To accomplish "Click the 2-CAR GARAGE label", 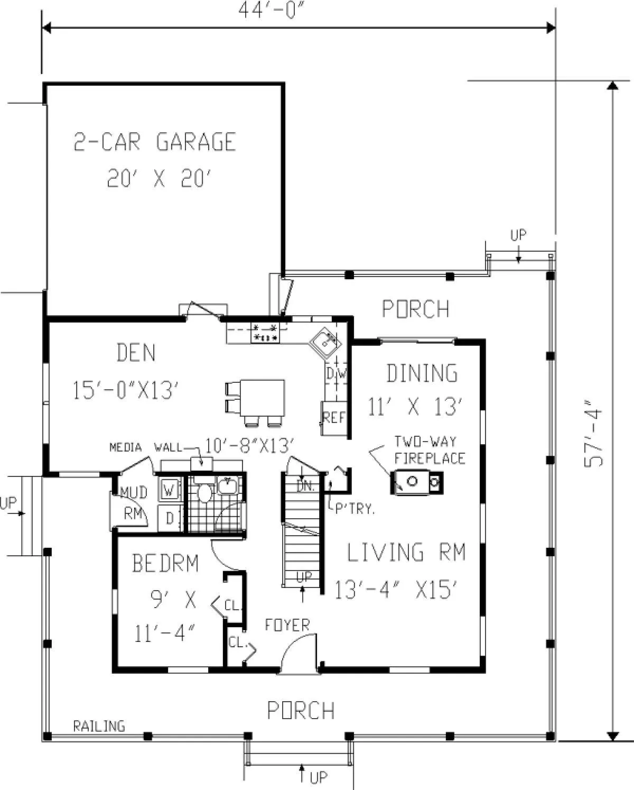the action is click(x=154, y=142).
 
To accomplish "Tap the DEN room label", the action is click(x=136, y=352).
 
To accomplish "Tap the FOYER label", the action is click(x=287, y=625).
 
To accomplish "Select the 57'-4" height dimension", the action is click(x=593, y=438).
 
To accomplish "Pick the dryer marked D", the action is click(x=170, y=518).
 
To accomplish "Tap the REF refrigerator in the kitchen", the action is click(x=334, y=418).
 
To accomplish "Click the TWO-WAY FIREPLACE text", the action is click(x=430, y=449).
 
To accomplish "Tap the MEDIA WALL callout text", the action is click(x=146, y=447).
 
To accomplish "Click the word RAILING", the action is click(x=99, y=726).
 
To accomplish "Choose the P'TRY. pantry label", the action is click(x=355, y=509).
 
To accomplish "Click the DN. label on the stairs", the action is click(x=305, y=487).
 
